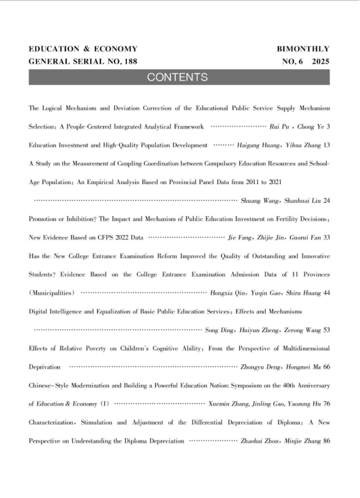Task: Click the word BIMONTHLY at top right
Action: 303,49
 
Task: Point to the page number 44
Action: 326,293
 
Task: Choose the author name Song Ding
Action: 218,330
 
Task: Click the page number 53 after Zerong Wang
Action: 326,330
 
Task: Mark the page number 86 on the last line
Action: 326,441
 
